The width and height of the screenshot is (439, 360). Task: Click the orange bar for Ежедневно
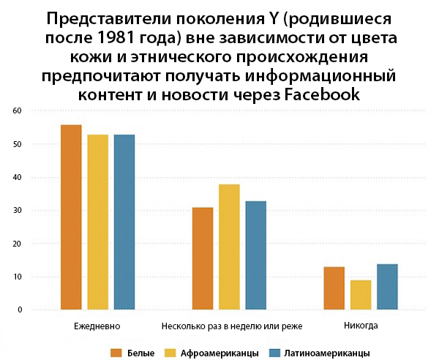pyautogui.click(x=71, y=217)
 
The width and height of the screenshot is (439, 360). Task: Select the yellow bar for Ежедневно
pyautogui.click(x=97, y=222)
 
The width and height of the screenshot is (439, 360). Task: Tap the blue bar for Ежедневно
pyautogui.click(x=124, y=222)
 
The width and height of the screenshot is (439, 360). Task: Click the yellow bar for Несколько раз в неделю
pyautogui.click(x=229, y=247)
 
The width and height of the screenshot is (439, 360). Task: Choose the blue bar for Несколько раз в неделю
pyautogui.click(x=255, y=255)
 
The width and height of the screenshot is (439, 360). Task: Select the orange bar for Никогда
pyautogui.click(x=334, y=288)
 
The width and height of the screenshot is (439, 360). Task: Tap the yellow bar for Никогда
pyautogui.click(x=360, y=295)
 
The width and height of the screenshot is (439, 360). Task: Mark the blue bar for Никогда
pyautogui.click(x=387, y=287)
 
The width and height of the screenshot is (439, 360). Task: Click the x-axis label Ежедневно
pyautogui.click(x=97, y=325)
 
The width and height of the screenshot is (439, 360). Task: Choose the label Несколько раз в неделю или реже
pyautogui.click(x=229, y=325)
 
